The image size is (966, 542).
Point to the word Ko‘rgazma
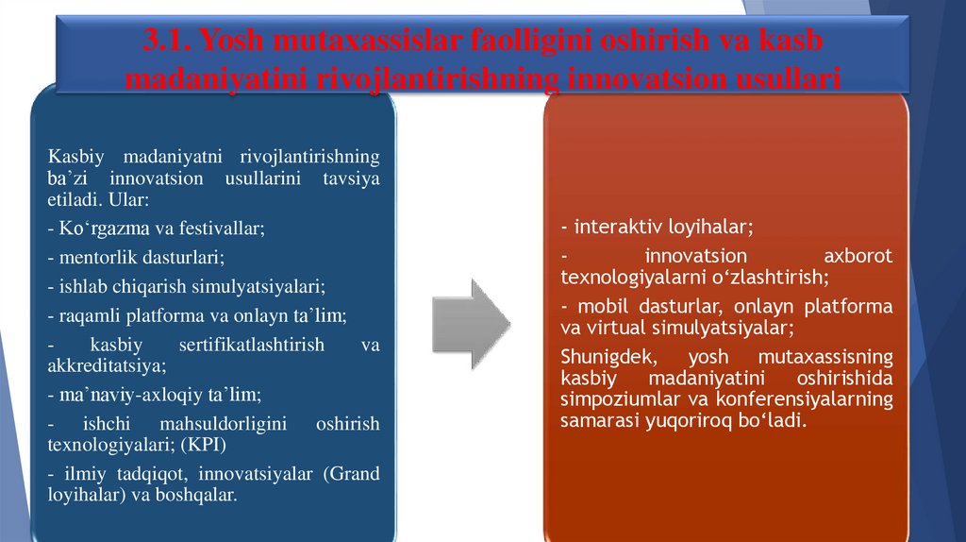(100, 229)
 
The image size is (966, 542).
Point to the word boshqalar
(194, 495)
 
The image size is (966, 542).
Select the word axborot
(858, 256)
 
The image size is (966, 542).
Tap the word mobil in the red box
(599, 306)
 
